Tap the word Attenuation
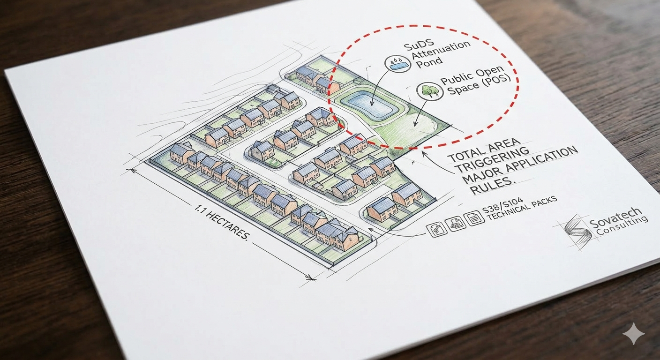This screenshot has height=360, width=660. (443, 52)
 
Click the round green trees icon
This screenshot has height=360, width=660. (429, 91)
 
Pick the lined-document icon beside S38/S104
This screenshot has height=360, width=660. (472, 218)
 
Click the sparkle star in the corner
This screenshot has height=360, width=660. (633, 335)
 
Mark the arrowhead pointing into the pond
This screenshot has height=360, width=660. (371, 103)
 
